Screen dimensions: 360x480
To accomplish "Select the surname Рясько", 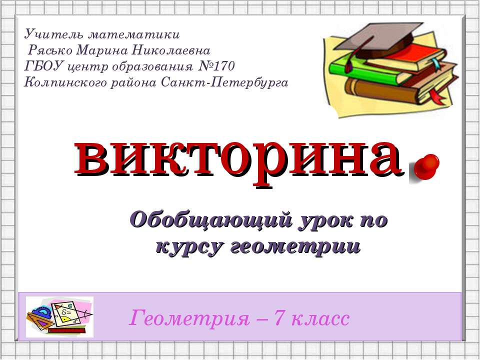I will click(50, 50).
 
